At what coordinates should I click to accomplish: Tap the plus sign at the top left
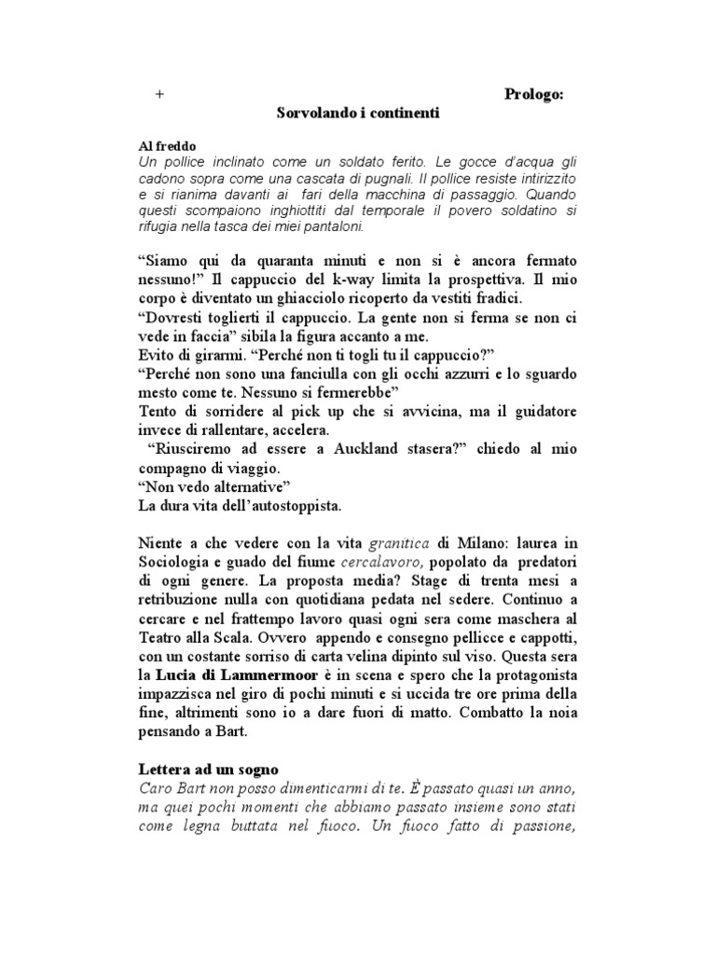(x=159, y=94)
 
